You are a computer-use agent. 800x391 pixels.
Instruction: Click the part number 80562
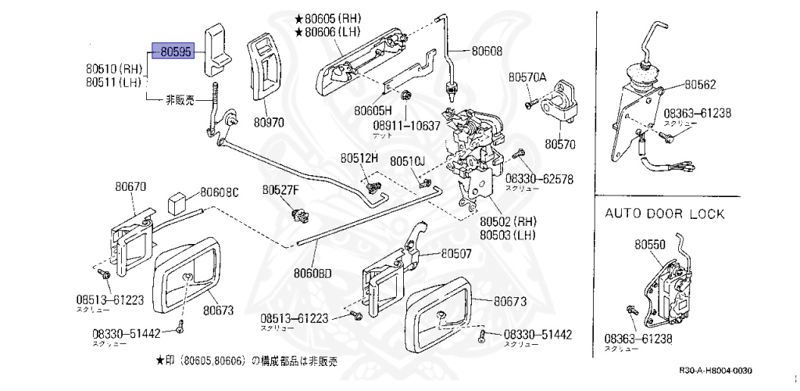700,84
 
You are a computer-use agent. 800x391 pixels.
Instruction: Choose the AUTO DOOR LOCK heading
665,213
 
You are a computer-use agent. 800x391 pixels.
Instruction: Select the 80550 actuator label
649,244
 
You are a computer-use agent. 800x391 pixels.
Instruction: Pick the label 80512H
359,158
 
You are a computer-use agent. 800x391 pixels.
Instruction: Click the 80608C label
219,192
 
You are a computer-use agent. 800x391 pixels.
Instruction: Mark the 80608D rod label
312,273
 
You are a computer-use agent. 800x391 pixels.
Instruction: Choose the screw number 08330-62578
539,179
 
